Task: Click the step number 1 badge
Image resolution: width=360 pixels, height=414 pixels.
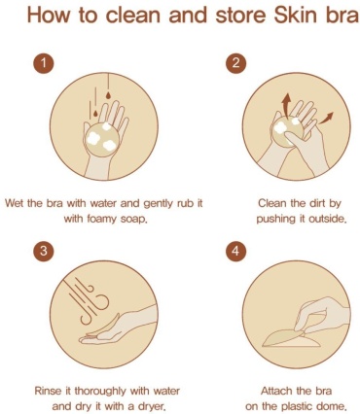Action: pyautogui.click(x=43, y=63)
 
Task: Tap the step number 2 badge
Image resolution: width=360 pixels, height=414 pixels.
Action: pyautogui.click(x=235, y=62)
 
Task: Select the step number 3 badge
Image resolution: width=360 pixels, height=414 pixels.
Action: pyautogui.click(x=43, y=251)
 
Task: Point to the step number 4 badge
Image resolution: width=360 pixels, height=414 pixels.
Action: pyautogui.click(x=235, y=251)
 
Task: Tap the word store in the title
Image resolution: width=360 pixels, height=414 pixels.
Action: pyautogui.click(x=240, y=16)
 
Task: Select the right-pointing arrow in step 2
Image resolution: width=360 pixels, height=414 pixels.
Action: pyautogui.click(x=326, y=118)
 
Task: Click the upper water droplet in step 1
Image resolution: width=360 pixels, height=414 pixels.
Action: pyautogui.click(x=108, y=95)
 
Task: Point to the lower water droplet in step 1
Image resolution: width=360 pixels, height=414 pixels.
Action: pyautogui.click(x=95, y=114)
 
